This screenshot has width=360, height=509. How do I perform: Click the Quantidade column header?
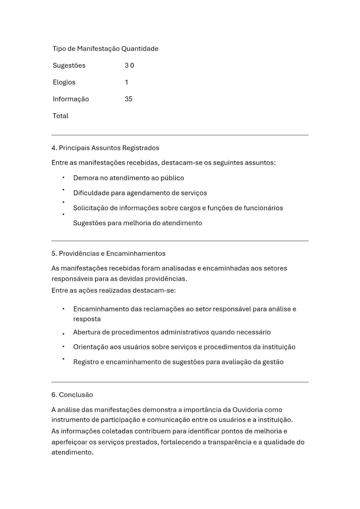click(x=140, y=49)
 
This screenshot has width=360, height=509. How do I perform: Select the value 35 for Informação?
click(x=129, y=99)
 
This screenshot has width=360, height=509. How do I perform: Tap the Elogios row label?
click(x=64, y=82)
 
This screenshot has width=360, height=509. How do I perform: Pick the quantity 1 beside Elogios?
click(x=126, y=82)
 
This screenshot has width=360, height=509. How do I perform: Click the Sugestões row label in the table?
click(x=69, y=65)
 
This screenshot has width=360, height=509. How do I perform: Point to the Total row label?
click(x=60, y=116)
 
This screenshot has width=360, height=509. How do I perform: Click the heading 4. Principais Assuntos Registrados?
click(x=105, y=148)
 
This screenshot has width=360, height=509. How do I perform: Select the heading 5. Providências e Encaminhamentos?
click(x=108, y=254)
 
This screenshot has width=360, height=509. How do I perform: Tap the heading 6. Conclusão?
click(x=72, y=395)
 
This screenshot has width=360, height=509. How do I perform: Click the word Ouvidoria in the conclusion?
click(x=248, y=410)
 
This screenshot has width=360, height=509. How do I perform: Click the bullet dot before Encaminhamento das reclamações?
click(x=64, y=309)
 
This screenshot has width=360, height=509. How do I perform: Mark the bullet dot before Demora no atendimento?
click(x=64, y=178)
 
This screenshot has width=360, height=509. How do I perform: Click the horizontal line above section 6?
click(x=180, y=382)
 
